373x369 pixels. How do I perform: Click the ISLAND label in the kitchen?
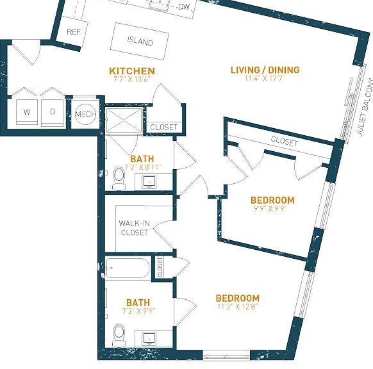140,41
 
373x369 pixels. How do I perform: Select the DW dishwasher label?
184,6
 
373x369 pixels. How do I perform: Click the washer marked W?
27,112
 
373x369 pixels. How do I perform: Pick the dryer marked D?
53,112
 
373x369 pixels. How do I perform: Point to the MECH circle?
85,114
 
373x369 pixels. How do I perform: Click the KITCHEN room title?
132,71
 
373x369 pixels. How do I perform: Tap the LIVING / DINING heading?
265,70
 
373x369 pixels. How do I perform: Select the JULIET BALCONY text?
365,107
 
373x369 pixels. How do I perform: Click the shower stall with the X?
124,120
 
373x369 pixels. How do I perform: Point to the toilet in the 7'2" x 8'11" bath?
119,178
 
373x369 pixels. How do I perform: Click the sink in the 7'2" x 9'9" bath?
149,338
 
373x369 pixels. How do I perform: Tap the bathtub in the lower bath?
128,268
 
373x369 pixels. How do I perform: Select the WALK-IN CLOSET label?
135,228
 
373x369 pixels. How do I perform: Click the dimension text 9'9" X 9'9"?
270,208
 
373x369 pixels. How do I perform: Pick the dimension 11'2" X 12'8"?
238,306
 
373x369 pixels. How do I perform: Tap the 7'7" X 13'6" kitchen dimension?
132,79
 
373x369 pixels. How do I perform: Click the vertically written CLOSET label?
160,267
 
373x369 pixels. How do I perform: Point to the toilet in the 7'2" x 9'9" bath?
119,335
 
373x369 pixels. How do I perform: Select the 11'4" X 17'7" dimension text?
265,78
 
